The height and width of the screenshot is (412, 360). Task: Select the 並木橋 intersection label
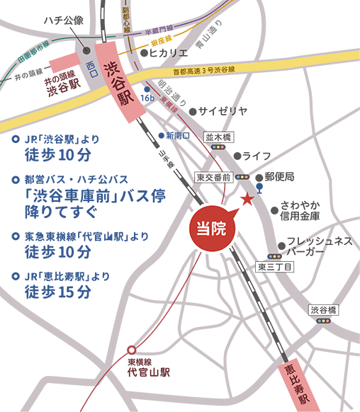[218, 136]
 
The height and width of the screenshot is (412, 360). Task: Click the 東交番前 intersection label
[213, 176]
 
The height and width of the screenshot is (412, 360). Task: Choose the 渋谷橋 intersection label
[325, 309]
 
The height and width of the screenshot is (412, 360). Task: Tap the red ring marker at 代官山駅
[131, 349]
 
